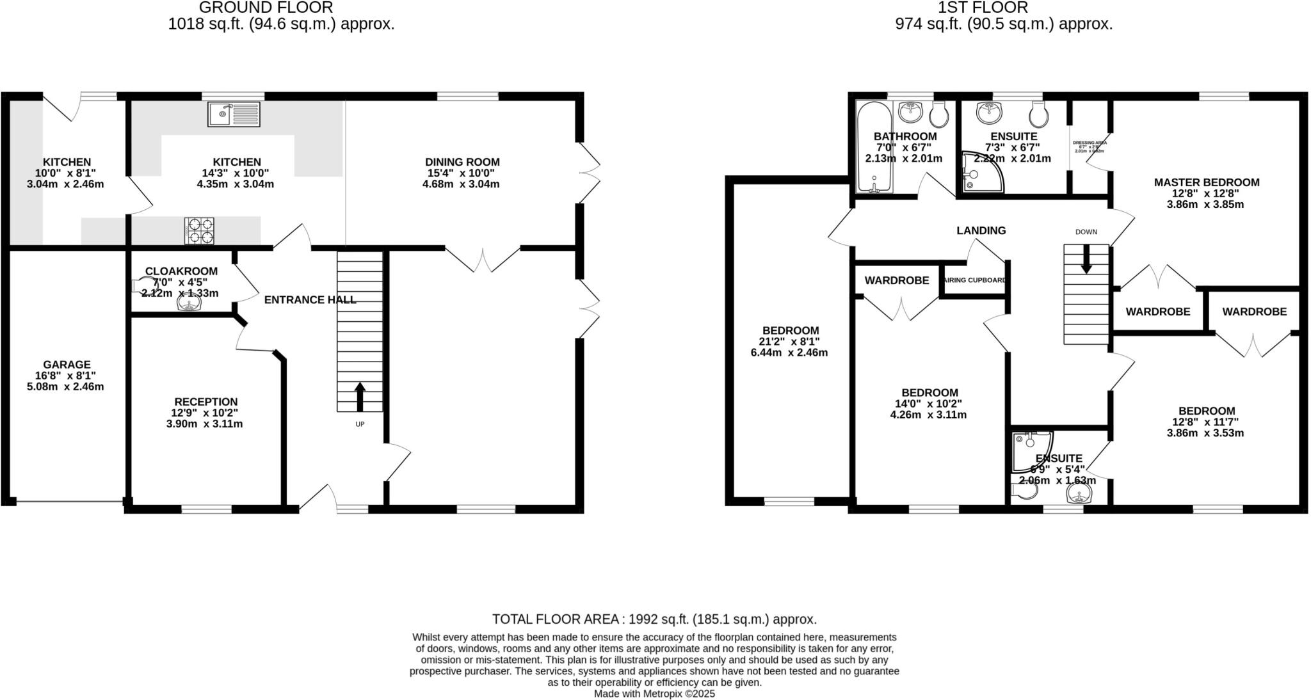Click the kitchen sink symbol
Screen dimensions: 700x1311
click(234, 115)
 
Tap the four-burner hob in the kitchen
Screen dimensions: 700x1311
click(199, 231)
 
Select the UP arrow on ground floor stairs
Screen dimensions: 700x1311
click(360, 397)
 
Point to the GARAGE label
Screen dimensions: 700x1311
click(67, 365)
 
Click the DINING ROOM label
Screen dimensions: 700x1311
click(462, 163)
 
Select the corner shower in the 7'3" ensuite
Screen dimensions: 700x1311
click(982, 173)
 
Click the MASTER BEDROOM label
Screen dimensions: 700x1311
click(1207, 182)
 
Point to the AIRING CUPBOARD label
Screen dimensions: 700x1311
click(975, 280)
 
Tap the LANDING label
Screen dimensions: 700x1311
click(981, 230)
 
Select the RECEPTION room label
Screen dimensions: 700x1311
click(205, 402)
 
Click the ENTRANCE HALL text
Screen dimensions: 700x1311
click(310, 299)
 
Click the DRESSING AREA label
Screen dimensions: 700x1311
click(1090, 143)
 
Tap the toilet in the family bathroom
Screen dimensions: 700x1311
click(939, 115)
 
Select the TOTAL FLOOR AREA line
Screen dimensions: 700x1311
click(654, 619)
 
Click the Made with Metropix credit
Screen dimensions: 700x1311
click(654, 694)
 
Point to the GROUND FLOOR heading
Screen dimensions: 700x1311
click(266, 8)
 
